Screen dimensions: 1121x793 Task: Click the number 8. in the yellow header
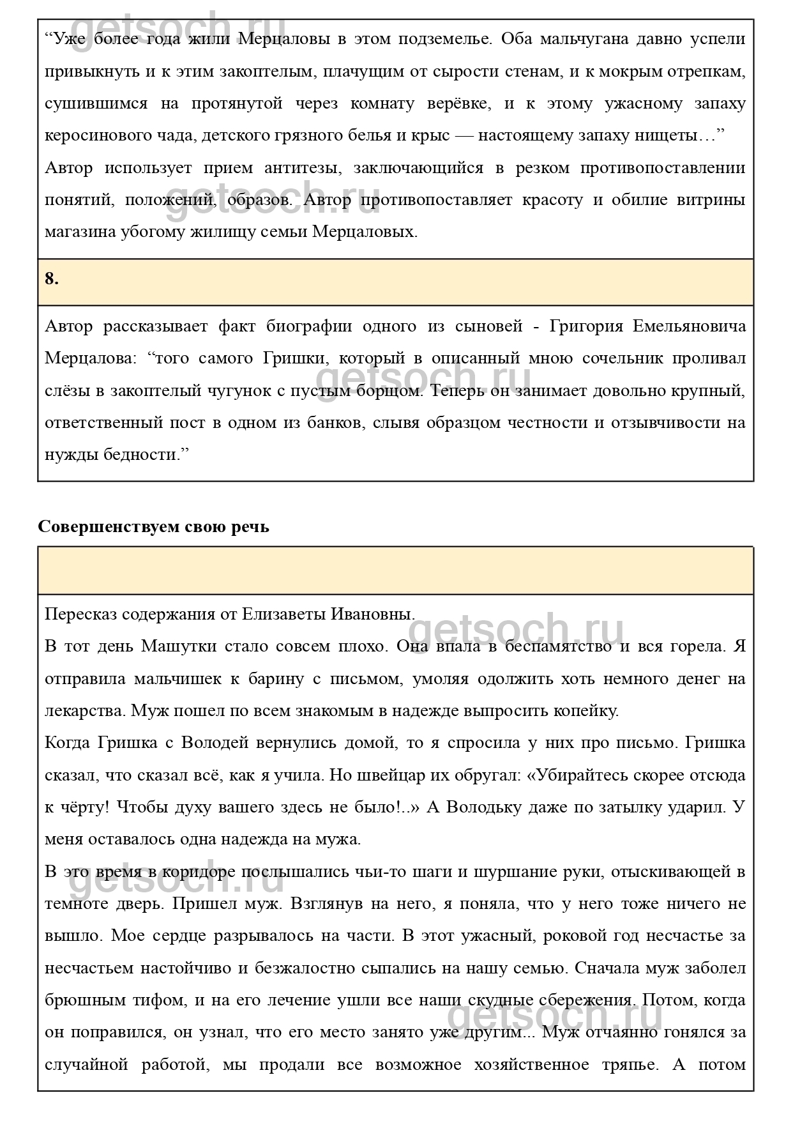coord(52,278)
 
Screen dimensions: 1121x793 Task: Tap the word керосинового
coord(94,135)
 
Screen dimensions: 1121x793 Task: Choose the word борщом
coord(392,390)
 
